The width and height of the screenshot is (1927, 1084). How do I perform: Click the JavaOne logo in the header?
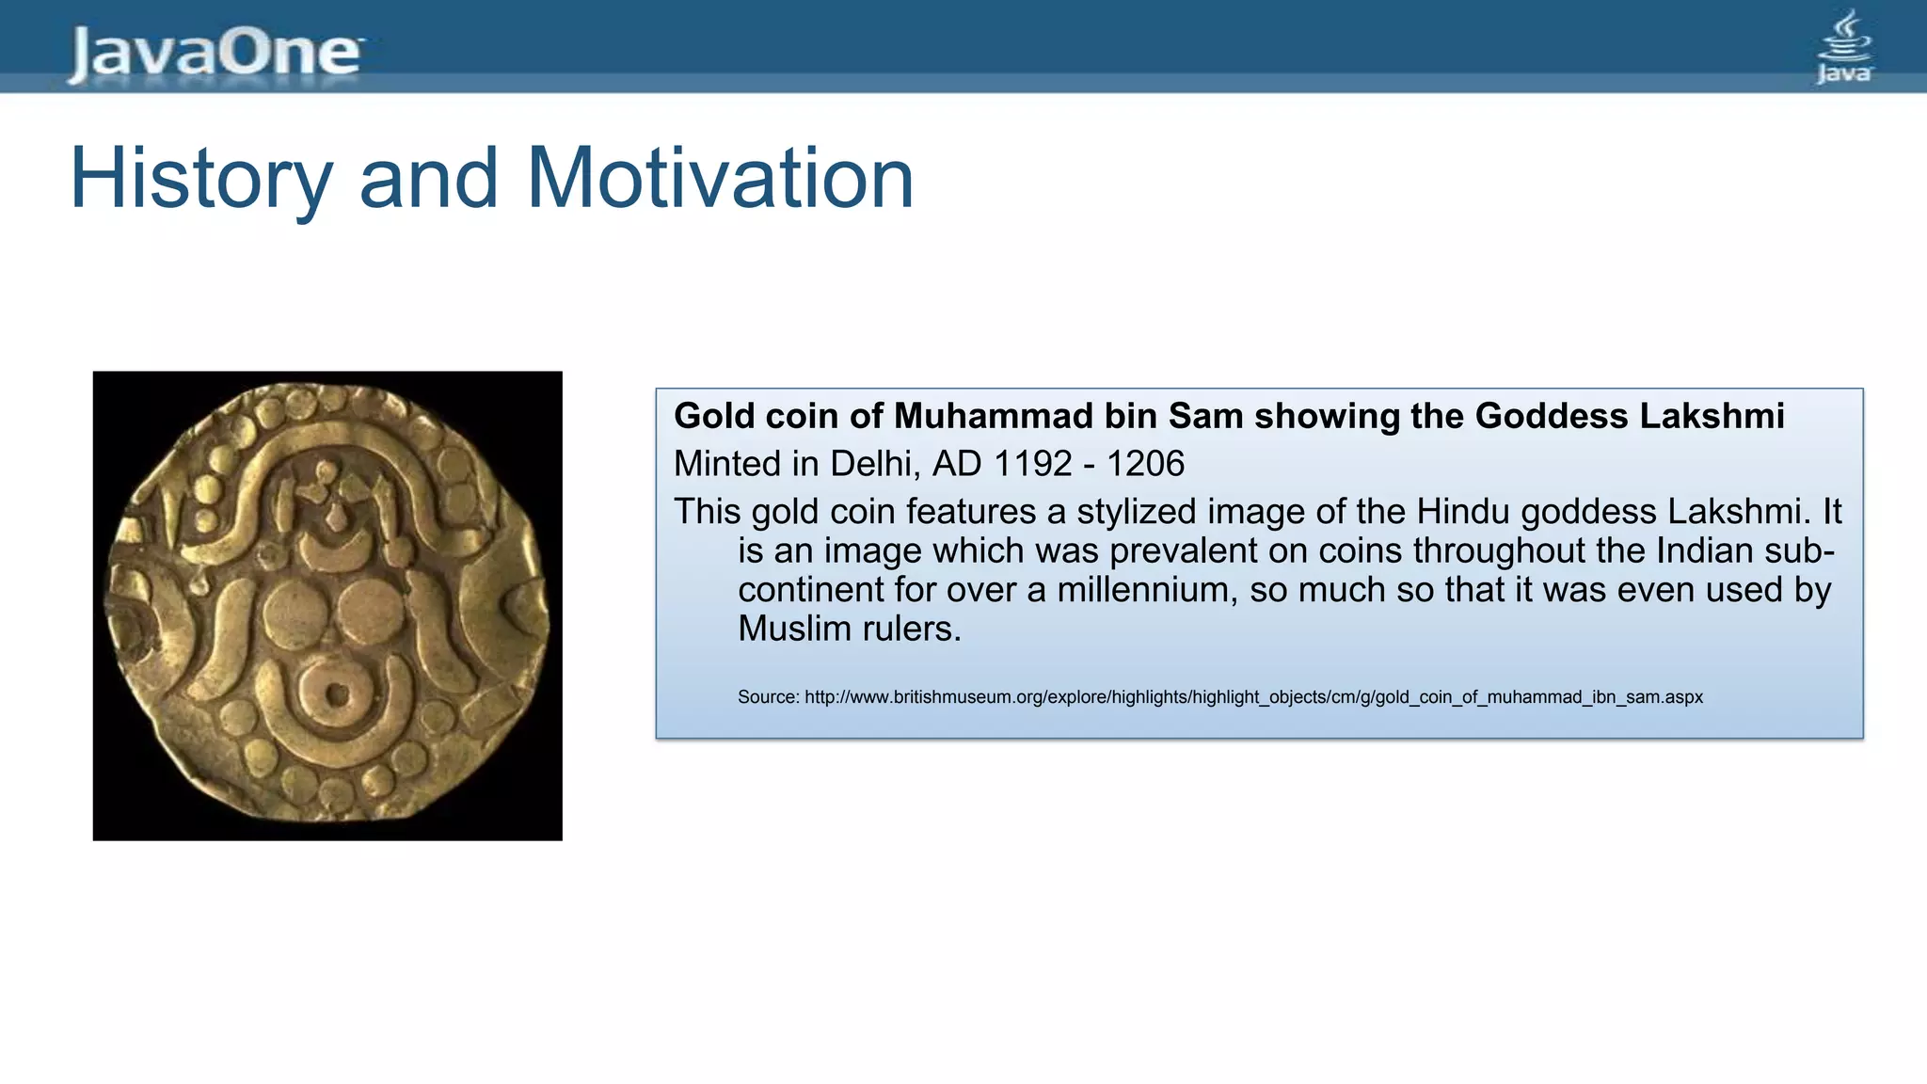tap(215, 53)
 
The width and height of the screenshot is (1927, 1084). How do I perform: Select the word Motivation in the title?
tap(720, 179)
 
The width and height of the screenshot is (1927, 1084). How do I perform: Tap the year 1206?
tap(1145, 464)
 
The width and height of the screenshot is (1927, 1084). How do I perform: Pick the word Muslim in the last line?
tap(795, 629)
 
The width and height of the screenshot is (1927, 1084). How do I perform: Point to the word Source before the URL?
tap(768, 697)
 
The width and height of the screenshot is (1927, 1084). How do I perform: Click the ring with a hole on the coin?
tap(336, 696)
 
